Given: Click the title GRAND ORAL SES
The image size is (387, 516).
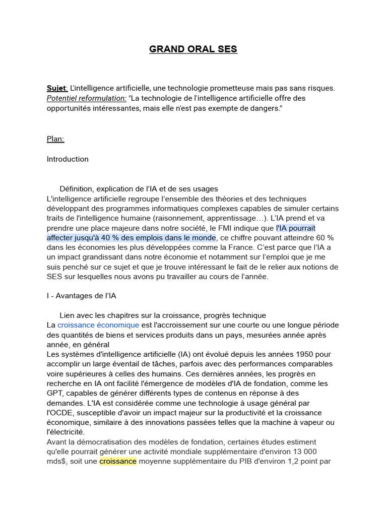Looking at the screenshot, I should click(193, 49).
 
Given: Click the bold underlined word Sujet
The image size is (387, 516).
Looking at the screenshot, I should click(56, 88).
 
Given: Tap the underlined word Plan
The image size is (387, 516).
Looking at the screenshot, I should click(55, 139).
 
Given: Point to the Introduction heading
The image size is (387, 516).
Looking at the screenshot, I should click(68, 159).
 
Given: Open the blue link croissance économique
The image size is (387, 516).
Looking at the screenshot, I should click(98, 325).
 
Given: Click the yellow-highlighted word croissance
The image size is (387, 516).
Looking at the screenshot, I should click(118, 461).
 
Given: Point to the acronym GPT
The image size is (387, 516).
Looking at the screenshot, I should click(55, 393).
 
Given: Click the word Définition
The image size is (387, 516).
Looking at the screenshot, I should click(76, 188).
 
